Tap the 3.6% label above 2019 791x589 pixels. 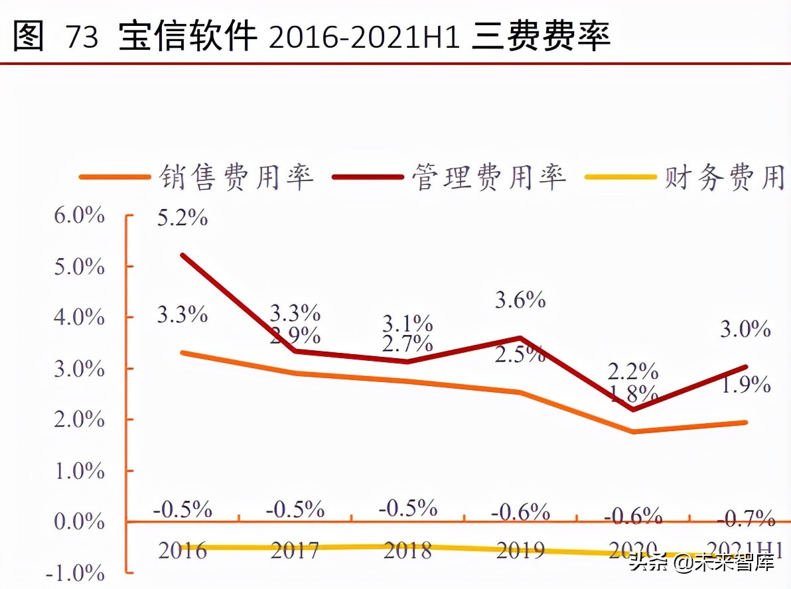tap(520, 300)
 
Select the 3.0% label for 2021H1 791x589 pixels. tap(746, 328)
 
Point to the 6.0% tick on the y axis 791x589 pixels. tap(80, 216)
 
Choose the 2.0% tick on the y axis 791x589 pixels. tap(80, 420)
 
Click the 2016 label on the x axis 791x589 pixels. tap(182, 550)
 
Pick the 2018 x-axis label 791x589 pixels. tap(407, 550)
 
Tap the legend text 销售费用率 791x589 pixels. tap(236, 178)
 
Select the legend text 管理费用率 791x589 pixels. tap(489, 178)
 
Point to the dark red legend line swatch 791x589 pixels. tap(368, 178)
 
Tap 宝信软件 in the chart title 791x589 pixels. tap(188, 37)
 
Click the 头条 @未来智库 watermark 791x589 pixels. tap(701, 563)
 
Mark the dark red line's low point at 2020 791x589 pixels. tap(633, 409)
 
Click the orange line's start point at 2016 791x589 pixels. tap(182, 353)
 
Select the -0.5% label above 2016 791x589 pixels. tap(182, 509)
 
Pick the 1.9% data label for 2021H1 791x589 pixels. tap(746, 384)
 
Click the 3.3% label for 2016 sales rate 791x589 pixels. tap(182, 314)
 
